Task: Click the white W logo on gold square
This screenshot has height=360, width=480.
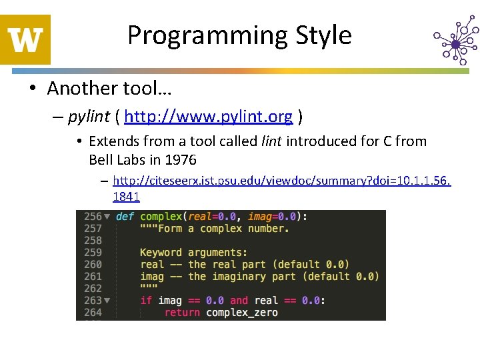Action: pos(25,40)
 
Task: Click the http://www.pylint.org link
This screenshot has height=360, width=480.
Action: pos(208,117)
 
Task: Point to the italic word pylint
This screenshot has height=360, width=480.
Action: pos(89,117)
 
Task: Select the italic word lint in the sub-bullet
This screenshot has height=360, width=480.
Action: pos(271,141)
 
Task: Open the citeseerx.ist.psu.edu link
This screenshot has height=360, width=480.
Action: pos(281,181)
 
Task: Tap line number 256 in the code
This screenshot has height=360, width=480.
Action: pos(93,217)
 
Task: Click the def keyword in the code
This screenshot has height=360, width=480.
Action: pos(125,217)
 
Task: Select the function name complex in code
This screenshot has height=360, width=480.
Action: pos(161,217)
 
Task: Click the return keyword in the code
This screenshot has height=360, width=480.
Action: pos(182,313)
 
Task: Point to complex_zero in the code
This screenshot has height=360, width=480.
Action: pos(242,313)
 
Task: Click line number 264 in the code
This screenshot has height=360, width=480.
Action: pos(93,313)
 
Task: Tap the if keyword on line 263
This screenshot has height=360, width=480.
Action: pos(146,301)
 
